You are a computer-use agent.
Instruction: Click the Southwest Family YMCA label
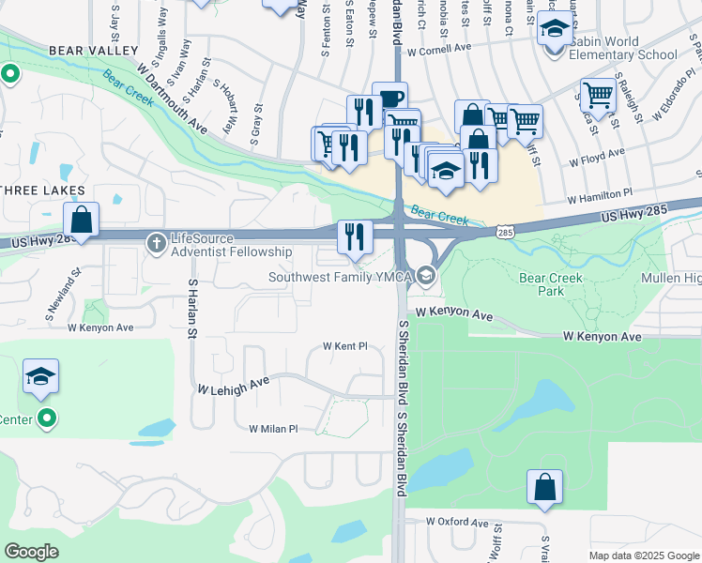click(341, 276)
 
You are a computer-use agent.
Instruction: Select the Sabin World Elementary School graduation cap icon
click(555, 31)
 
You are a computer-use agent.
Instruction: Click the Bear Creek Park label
click(551, 284)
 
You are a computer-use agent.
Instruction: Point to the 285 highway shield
click(506, 231)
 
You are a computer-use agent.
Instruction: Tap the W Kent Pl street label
click(344, 346)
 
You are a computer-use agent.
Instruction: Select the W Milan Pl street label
click(272, 429)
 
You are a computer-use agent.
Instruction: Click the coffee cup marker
click(389, 99)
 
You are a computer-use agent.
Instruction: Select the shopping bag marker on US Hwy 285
click(82, 221)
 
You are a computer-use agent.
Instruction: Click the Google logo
click(31, 551)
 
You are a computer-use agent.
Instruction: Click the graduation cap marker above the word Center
click(41, 377)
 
